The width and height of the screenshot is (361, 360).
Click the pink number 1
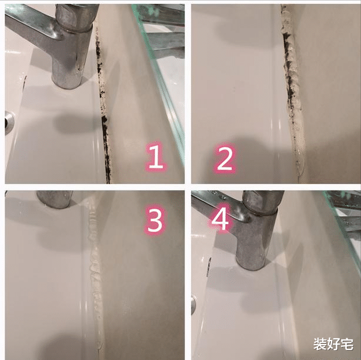(x=156, y=156)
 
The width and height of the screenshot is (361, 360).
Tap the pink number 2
(x=224, y=159)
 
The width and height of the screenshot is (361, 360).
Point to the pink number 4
(x=220, y=218)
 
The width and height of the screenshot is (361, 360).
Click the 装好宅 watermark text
(x=333, y=344)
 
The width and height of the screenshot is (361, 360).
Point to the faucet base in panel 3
(x=55, y=199)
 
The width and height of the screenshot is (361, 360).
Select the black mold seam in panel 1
(x=103, y=106)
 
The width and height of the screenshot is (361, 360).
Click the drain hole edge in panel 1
(x=9, y=122)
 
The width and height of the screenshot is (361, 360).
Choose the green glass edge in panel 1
(x=161, y=85)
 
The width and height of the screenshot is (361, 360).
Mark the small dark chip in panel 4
(x=209, y=266)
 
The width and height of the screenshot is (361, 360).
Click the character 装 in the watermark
(x=320, y=344)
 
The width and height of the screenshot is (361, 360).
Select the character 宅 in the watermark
(x=347, y=344)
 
